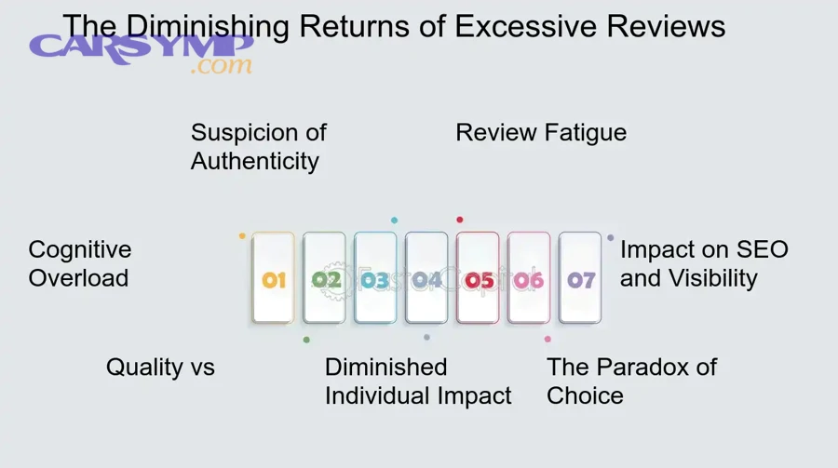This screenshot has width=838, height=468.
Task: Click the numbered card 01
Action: click(x=273, y=278)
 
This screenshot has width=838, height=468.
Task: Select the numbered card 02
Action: click(x=324, y=278)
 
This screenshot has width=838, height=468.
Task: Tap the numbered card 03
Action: click(x=375, y=278)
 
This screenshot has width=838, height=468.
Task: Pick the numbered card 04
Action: click(x=426, y=278)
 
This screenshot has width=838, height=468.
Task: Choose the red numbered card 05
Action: click(x=478, y=278)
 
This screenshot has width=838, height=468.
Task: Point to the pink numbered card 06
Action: click(x=529, y=278)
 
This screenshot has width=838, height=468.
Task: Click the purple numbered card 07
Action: click(x=580, y=278)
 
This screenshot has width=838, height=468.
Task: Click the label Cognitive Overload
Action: click(x=80, y=263)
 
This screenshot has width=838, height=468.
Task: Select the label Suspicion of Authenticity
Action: click(x=258, y=147)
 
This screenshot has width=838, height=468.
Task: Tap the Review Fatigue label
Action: click(x=541, y=133)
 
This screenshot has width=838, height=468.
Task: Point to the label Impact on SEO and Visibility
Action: click(x=704, y=263)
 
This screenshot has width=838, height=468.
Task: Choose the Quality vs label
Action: click(x=160, y=367)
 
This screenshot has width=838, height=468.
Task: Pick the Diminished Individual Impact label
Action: click(x=418, y=381)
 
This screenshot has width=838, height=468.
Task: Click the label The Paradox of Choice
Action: click(x=631, y=381)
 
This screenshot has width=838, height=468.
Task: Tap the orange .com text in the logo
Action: click(x=221, y=66)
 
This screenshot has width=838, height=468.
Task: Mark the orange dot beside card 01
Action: click(x=242, y=236)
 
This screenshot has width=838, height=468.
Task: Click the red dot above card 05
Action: click(x=459, y=220)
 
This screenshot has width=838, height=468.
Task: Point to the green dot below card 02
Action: click(x=306, y=340)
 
